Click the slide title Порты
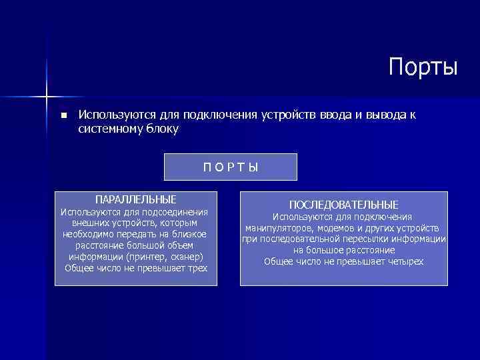click(x=423, y=67)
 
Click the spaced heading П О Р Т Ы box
click(x=231, y=167)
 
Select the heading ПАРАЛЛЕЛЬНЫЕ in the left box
click(x=136, y=199)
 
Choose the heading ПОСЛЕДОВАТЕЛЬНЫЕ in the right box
click(x=343, y=205)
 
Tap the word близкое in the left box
click(x=189, y=234)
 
